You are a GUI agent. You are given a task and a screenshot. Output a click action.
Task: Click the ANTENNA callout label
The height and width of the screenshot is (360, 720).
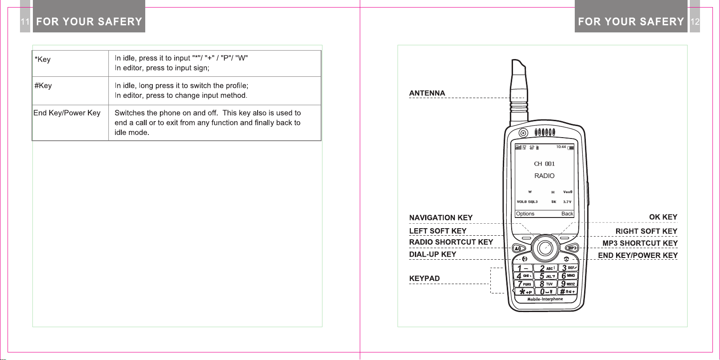click(x=427, y=93)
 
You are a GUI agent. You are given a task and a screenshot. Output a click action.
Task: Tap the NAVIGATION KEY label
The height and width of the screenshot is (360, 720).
click(x=441, y=218)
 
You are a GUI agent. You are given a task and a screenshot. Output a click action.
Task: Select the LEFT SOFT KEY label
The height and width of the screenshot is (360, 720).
click(x=438, y=231)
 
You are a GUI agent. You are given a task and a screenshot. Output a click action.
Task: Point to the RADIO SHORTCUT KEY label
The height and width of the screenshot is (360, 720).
click(x=451, y=242)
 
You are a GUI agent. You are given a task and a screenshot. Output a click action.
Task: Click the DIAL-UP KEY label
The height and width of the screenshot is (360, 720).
click(x=432, y=254)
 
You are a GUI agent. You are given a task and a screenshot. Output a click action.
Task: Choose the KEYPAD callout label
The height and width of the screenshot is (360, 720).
click(x=424, y=278)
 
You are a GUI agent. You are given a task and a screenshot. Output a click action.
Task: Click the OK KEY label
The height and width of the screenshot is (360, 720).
click(x=663, y=217)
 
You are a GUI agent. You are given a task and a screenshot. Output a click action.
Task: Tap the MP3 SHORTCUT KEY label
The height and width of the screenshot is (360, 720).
click(x=640, y=243)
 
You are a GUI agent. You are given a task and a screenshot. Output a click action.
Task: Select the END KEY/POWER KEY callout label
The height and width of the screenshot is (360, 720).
click(x=637, y=255)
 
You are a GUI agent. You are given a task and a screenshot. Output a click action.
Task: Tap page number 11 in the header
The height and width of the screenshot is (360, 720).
click(x=25, y=22)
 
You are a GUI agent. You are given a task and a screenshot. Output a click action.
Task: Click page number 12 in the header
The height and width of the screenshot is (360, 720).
click(x=695, y=22)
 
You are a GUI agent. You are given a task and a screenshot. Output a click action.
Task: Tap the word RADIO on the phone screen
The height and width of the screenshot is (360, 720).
click(x=544, y=176)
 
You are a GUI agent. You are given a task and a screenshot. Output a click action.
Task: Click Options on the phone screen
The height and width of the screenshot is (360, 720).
click(x=525, y=214)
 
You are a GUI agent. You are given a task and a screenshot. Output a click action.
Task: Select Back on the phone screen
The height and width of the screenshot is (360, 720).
click(x=567, y=214)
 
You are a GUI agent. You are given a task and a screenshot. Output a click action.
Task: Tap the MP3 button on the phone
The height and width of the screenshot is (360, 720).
click(x=572, y=248)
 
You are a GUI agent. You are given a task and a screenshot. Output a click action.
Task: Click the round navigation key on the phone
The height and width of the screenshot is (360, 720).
click(x=545, y=248)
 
